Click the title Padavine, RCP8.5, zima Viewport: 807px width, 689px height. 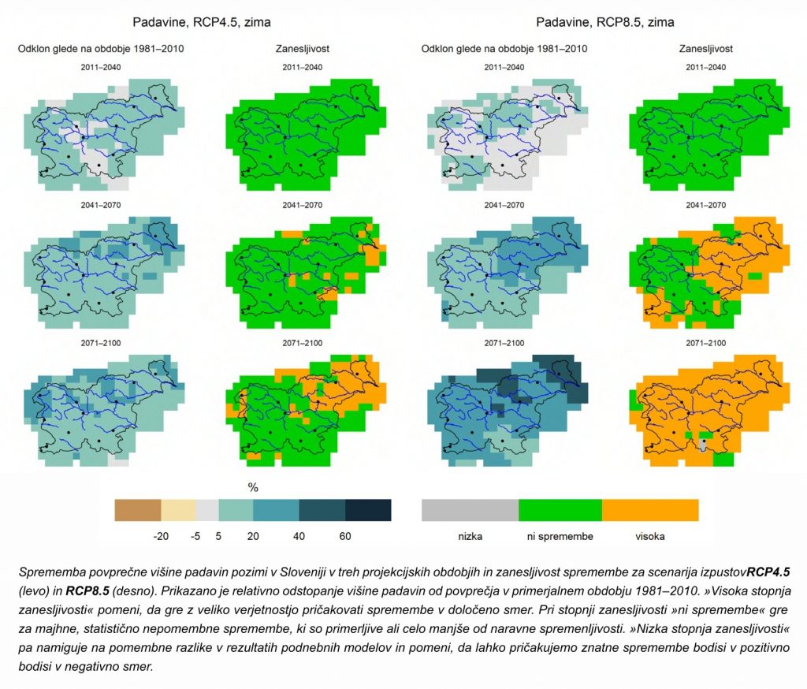604,23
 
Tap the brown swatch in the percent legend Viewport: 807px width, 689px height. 137,510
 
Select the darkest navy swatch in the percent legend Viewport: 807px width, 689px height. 368,510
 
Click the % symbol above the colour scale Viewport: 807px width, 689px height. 253,488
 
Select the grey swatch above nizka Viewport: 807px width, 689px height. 470,510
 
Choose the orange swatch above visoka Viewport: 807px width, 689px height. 650,510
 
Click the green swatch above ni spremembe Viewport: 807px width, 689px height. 560,510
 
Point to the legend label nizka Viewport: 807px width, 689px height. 470,537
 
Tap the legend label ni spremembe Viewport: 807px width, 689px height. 560,537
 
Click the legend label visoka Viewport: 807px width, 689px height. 650,537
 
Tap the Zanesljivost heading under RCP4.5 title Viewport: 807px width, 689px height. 302,49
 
